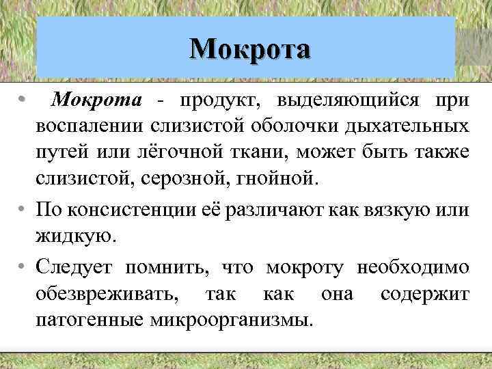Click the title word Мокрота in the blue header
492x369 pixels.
pos(250,49)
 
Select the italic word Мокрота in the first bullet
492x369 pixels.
pos(97,100)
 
